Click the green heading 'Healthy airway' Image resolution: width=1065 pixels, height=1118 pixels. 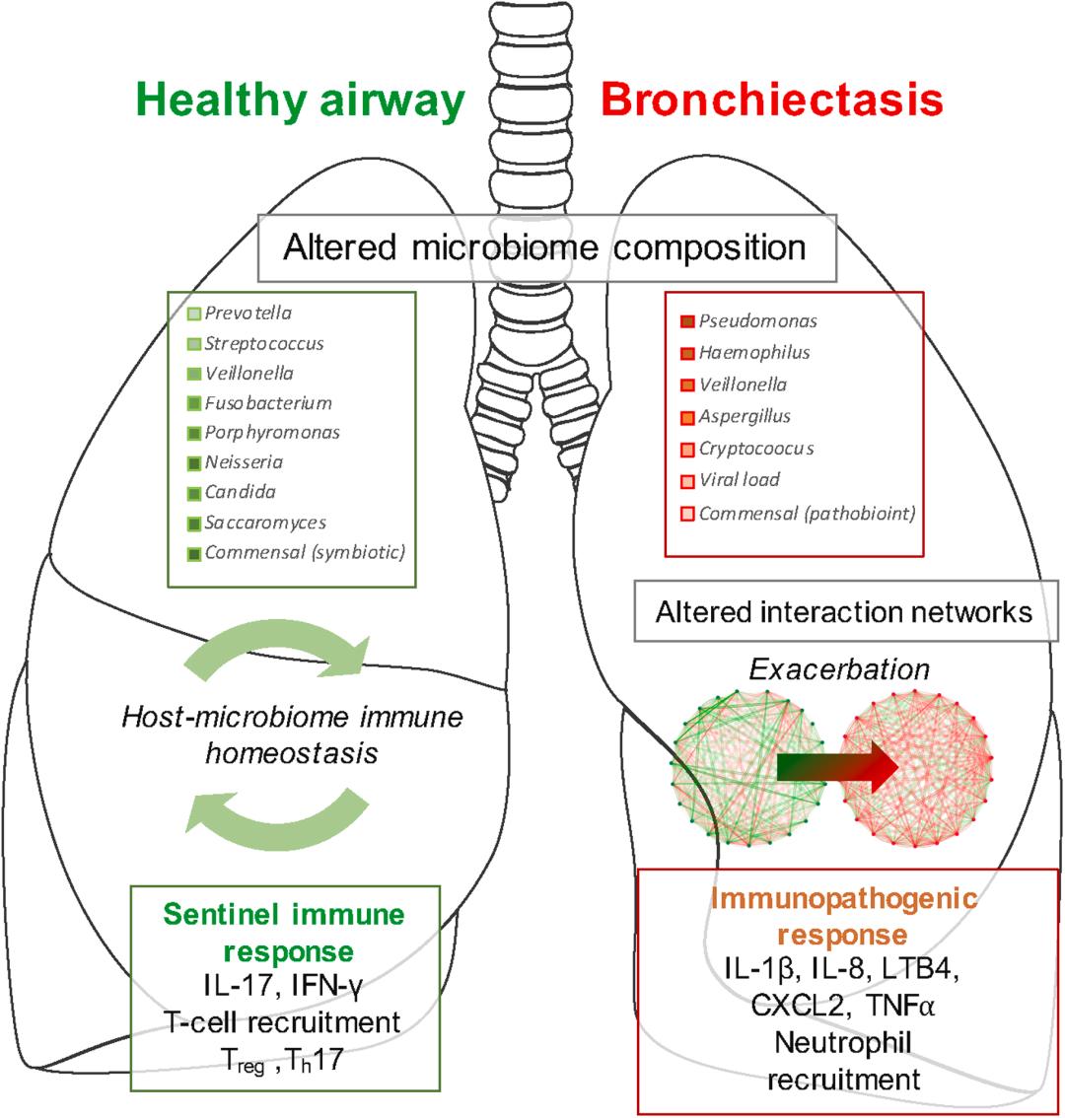tap(302, 102)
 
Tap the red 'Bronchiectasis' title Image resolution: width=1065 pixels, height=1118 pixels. tap(771, 101)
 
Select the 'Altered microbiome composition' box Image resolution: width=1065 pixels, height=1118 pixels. tap(546, 246)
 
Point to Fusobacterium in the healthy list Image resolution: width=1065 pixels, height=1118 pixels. tap(268, 403)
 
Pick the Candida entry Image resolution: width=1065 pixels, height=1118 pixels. tap(241, 492)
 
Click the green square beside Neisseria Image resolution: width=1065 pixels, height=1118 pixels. tap(194, 462)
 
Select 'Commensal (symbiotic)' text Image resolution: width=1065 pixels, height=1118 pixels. tap(305, 552)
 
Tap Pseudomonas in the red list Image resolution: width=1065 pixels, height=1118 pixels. tap(757, 320)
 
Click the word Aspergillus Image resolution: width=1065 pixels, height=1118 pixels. tap(745, 417)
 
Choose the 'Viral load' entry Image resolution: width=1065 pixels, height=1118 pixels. tap(740, 480)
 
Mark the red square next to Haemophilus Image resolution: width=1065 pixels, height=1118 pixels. tap(687, 353)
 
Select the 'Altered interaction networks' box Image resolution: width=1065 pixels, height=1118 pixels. tap(844, 611)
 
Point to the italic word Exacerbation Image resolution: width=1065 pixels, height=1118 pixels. tap(839, 669)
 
